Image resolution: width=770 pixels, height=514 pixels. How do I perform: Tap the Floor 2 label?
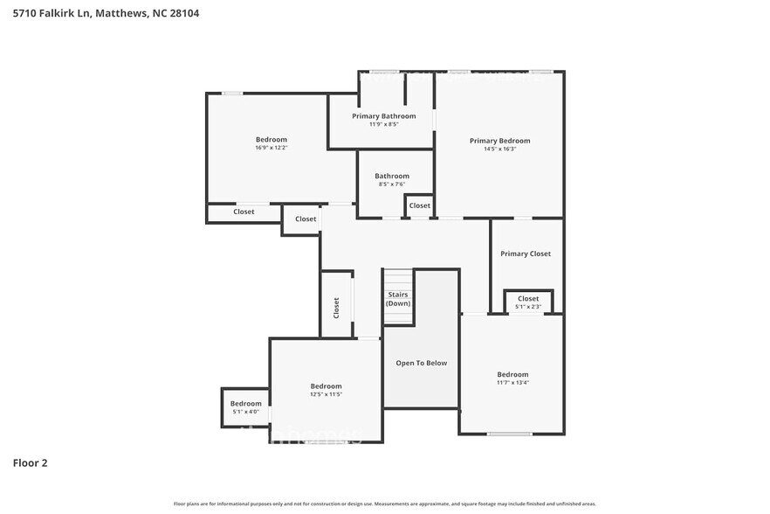pyautogui.click(x=30, y=462)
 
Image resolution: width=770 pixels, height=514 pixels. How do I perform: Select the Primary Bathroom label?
pyautogui.click(x=383, y=116)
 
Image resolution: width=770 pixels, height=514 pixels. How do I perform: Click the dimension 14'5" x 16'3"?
pyautogui.click(x=499, y=149)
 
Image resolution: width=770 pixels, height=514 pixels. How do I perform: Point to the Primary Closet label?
pyautogui.click(x=526, y=254)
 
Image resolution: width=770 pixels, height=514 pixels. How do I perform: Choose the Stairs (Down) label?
pyautogui.click(x=397, y=299)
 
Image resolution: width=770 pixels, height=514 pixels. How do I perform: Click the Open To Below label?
pyautogui.click(x=421, y=363)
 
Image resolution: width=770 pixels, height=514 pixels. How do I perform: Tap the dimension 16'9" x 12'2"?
pyautogui.click(x=271, y=148)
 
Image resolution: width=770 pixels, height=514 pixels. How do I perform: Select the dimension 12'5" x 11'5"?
pyautogui.click(x=326, y=394)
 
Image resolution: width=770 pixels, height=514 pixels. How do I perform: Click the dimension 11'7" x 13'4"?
pyautogui.click(x=512, y=382)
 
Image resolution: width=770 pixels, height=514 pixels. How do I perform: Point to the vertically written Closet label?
pyautogui.click(x=336, y=308)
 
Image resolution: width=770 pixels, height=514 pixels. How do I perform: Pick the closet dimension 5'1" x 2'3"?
pyautogui.click(x=528, y=307)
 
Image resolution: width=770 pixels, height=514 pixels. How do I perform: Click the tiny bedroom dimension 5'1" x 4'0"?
pyautogui.click(x=245, y=412)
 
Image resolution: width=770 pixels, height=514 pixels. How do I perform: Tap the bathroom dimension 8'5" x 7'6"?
pyautogui.click(x=392, y=184)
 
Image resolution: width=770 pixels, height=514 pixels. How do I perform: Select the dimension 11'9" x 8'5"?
pyautogui.click(x=383, y=124)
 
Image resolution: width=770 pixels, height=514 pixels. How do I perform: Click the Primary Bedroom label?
pyautogui.click(x=499, y=141)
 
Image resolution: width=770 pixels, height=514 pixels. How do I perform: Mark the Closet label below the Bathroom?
pyautogui.click(x=420, y=205)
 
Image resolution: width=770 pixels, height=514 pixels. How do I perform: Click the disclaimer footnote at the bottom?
pyautogui.click(x=384, y=504)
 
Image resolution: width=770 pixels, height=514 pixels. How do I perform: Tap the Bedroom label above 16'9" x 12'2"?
pyautogui.click(x=271, y=140)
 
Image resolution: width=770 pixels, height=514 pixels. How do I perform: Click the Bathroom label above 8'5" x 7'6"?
pyautogui.click(x=392, y=176)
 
